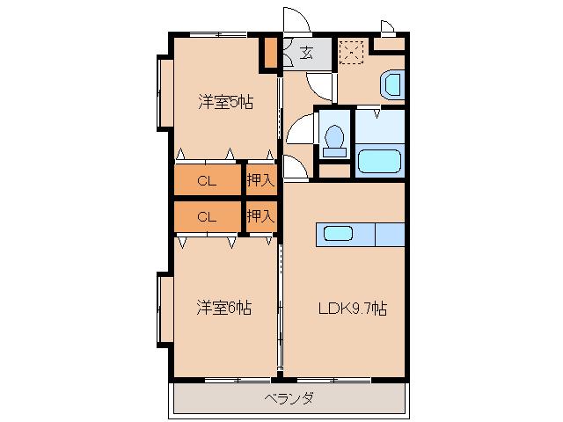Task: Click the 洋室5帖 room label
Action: pyautogui.click(x=225, y=102)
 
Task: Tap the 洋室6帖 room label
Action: pyautogui.click(x=223, y=308)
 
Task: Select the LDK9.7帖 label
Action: pyautogui.click(x=353, y=309)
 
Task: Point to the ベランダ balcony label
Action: pyautogui.click(x=289, y=398)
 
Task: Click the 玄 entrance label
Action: pyautogui.click(x=306, y=53)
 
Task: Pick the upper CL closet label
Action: pyautogui.click(x=207, y=180)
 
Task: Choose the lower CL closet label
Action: pyautogui.click(x=207, y=217)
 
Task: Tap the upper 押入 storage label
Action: pyautogui.click(x=261, y=179)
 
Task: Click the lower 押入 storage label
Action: pyautogui.click(x=261, y=215)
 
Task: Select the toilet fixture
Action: pyautogui.click(x=334, y=141)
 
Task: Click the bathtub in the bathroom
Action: pyautogui.click(x=379, y=161)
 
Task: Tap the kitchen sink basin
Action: pyautogui.click(x=338, y=234)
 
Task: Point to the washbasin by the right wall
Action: pyautogui.click(x=392, y=84)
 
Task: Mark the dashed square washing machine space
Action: pyautogui.click(x=352, y=53)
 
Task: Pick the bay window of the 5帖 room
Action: pyautogui.click(x=165, y=93)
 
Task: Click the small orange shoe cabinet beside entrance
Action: pyautogui.click(x=271, y=53)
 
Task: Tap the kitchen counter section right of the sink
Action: pyautogui.click(x=390, y=235)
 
